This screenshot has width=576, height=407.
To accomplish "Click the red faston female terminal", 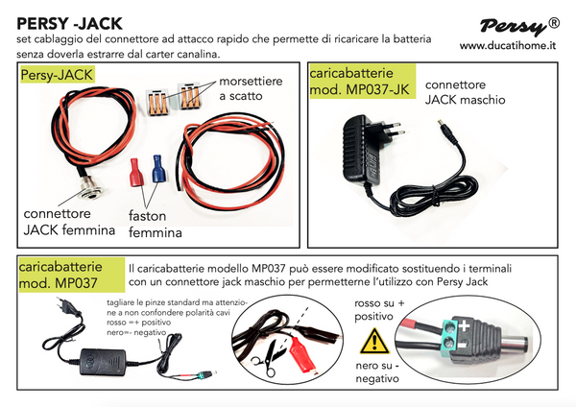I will [136, 176].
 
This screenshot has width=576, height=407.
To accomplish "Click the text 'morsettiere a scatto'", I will [251, 89].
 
